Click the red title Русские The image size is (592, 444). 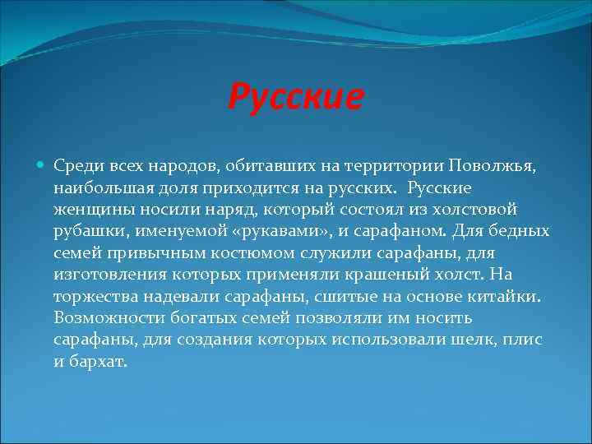coord(295,97)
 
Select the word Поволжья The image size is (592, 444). coord(492,166)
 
